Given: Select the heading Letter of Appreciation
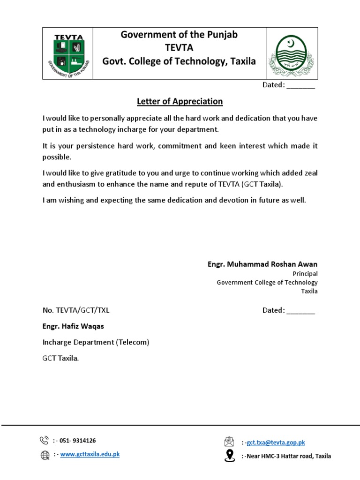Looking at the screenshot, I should click(x=180, y=101).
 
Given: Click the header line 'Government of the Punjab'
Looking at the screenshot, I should click(x=180, y=35).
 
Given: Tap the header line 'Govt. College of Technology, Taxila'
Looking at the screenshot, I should click(x=180, y=61).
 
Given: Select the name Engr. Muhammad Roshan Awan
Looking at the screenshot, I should click(x=262, y=264).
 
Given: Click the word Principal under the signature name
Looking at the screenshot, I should click(x=305, y=274).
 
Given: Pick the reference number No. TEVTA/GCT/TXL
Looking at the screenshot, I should click(x=76, y=310).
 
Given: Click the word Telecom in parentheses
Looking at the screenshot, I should click(x=133, y=342).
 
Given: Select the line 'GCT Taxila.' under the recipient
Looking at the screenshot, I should click(x=61, y=358).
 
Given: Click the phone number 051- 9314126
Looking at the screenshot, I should click(x=77, y=441).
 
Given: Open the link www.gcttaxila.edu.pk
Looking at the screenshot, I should click(x=90, y=454).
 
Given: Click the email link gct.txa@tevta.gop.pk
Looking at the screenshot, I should click(x=276, y=442).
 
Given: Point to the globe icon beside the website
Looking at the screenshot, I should click(x=45, y=455).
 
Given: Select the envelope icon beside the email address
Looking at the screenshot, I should click(x=229, y=442).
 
